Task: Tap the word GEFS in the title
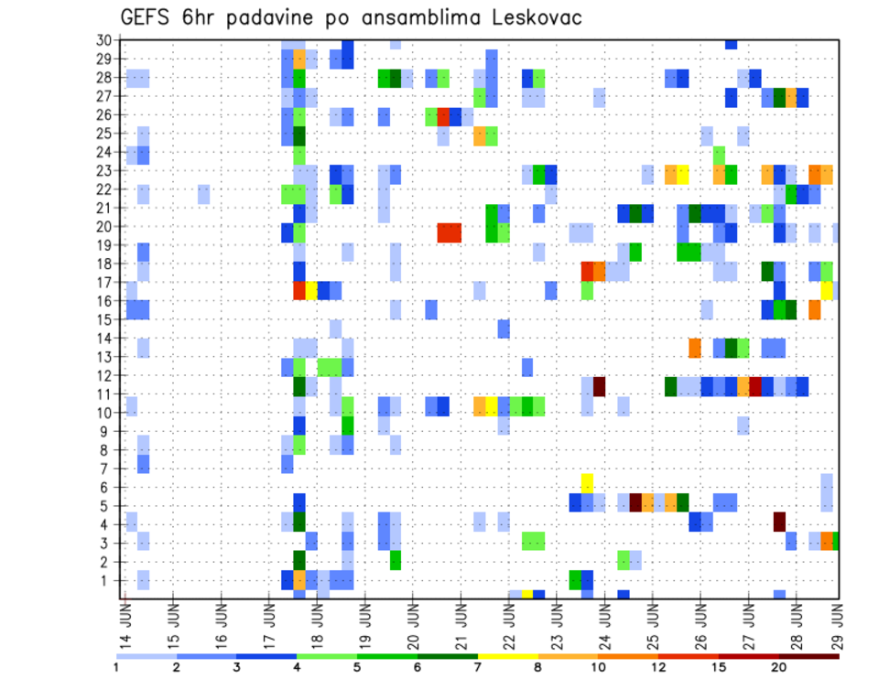[x=150, y=17]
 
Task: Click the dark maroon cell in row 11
[x=600, y=386]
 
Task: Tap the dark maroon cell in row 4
[x=779, y=521]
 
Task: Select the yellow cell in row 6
[x=587, y=482]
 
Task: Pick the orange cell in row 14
[x=695, y=348]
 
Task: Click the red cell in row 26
[x=444, y=116]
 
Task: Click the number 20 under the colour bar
[x=779, y=668]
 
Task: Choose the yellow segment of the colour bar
[x=508, y=656]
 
